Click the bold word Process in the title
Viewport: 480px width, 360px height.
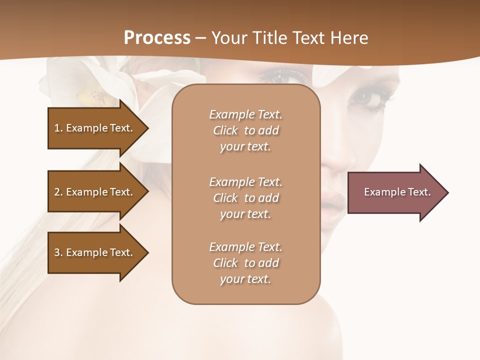point(157,38)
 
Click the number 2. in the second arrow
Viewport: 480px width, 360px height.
point(58,192)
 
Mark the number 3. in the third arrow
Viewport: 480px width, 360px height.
point(58,252)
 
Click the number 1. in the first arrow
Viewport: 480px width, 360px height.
point(58,128)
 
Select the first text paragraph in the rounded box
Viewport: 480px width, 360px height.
point(245,130)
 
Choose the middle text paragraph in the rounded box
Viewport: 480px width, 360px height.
point(245,198)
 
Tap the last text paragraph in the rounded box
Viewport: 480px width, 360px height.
point(245,263)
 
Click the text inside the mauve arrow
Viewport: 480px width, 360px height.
point(397,192)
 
